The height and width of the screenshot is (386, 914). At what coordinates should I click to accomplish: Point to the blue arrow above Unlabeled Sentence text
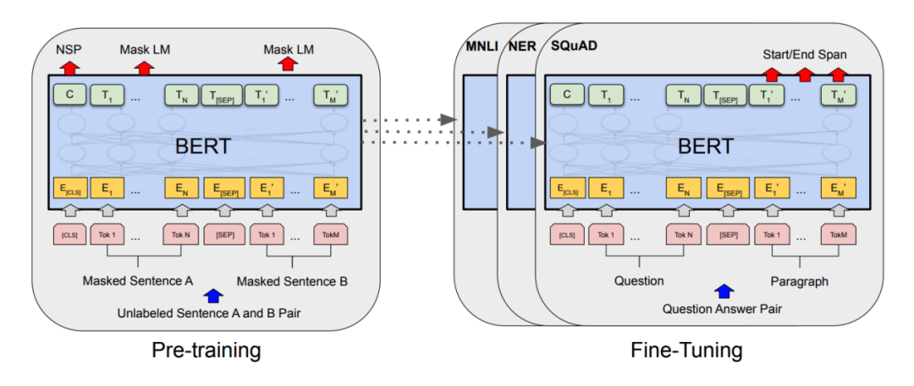(x=212, y=296)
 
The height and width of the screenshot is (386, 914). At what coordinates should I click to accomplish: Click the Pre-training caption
(x=206, y=349)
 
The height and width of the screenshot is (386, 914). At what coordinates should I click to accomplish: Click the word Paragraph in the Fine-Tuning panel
(x=799, y=280)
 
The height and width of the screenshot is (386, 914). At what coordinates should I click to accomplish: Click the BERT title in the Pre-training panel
(x=202, y=146)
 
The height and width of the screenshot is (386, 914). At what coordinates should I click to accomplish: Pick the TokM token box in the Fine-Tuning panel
(x=837, y=233)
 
